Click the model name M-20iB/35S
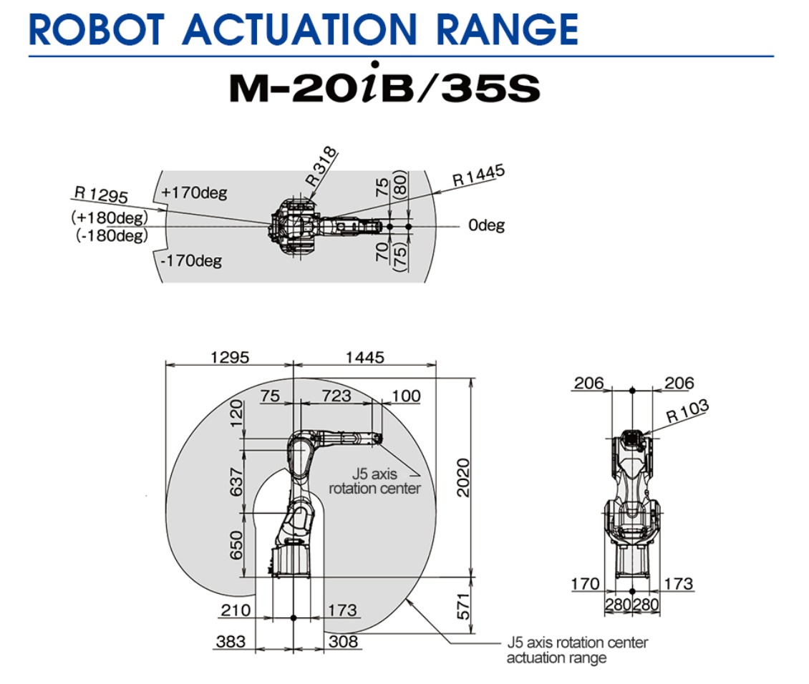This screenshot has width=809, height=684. [385, 84]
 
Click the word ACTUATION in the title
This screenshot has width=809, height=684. [299, 29]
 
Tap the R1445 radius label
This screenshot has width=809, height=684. [478, 175]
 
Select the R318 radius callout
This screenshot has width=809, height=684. [321, 167]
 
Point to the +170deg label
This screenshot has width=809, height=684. [194, 192]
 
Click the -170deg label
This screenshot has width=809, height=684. [191, 260]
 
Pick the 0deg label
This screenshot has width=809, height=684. [487, 225]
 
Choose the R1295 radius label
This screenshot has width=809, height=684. [101, 195]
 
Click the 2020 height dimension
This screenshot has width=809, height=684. [463, 477]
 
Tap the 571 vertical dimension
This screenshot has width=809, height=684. [463, 606]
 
